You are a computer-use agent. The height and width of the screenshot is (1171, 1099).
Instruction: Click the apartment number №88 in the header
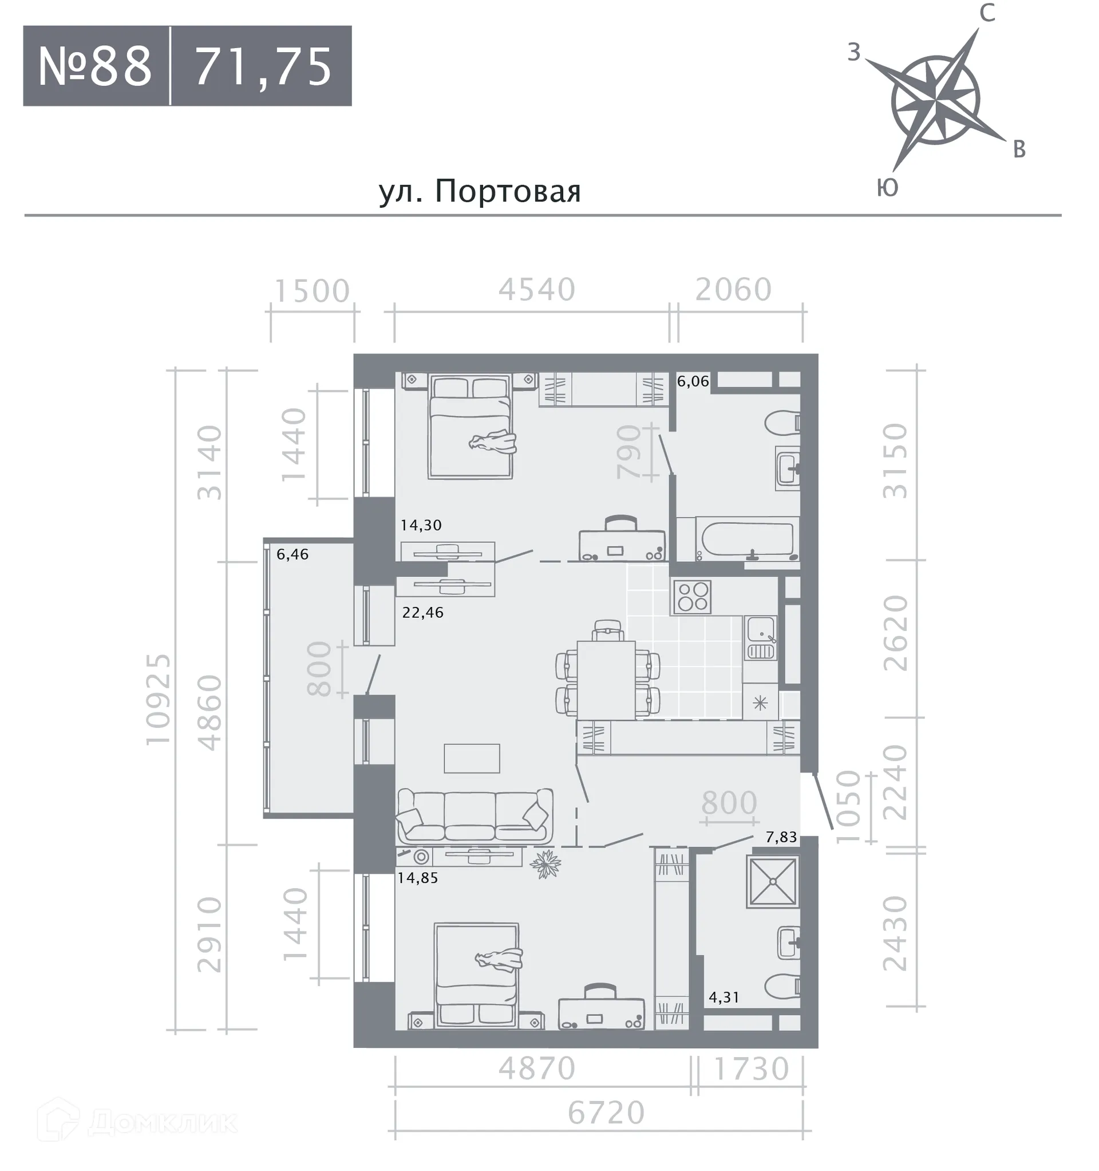95,66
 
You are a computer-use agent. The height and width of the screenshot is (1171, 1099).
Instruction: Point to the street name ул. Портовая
480,191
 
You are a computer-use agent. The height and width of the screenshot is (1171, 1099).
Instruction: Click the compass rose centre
935,101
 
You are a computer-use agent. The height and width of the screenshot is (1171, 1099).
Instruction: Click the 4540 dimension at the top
536,290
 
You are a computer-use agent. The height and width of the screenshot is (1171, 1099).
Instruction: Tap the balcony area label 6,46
292,554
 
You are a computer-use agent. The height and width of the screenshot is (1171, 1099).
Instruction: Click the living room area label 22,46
423,613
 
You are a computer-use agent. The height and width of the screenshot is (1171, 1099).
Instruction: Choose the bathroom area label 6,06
693,381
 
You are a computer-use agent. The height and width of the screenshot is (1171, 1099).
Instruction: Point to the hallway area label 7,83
781,837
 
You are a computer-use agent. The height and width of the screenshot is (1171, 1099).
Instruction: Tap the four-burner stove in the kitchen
693,597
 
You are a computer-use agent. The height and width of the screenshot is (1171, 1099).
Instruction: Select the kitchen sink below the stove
761,638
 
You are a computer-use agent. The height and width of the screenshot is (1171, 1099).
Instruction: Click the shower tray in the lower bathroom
773,882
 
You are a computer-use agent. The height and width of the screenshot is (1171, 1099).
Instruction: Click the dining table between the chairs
606,680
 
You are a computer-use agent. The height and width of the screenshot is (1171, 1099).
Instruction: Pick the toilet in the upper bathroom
782,423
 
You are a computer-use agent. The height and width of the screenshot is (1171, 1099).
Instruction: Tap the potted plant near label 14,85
546,864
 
